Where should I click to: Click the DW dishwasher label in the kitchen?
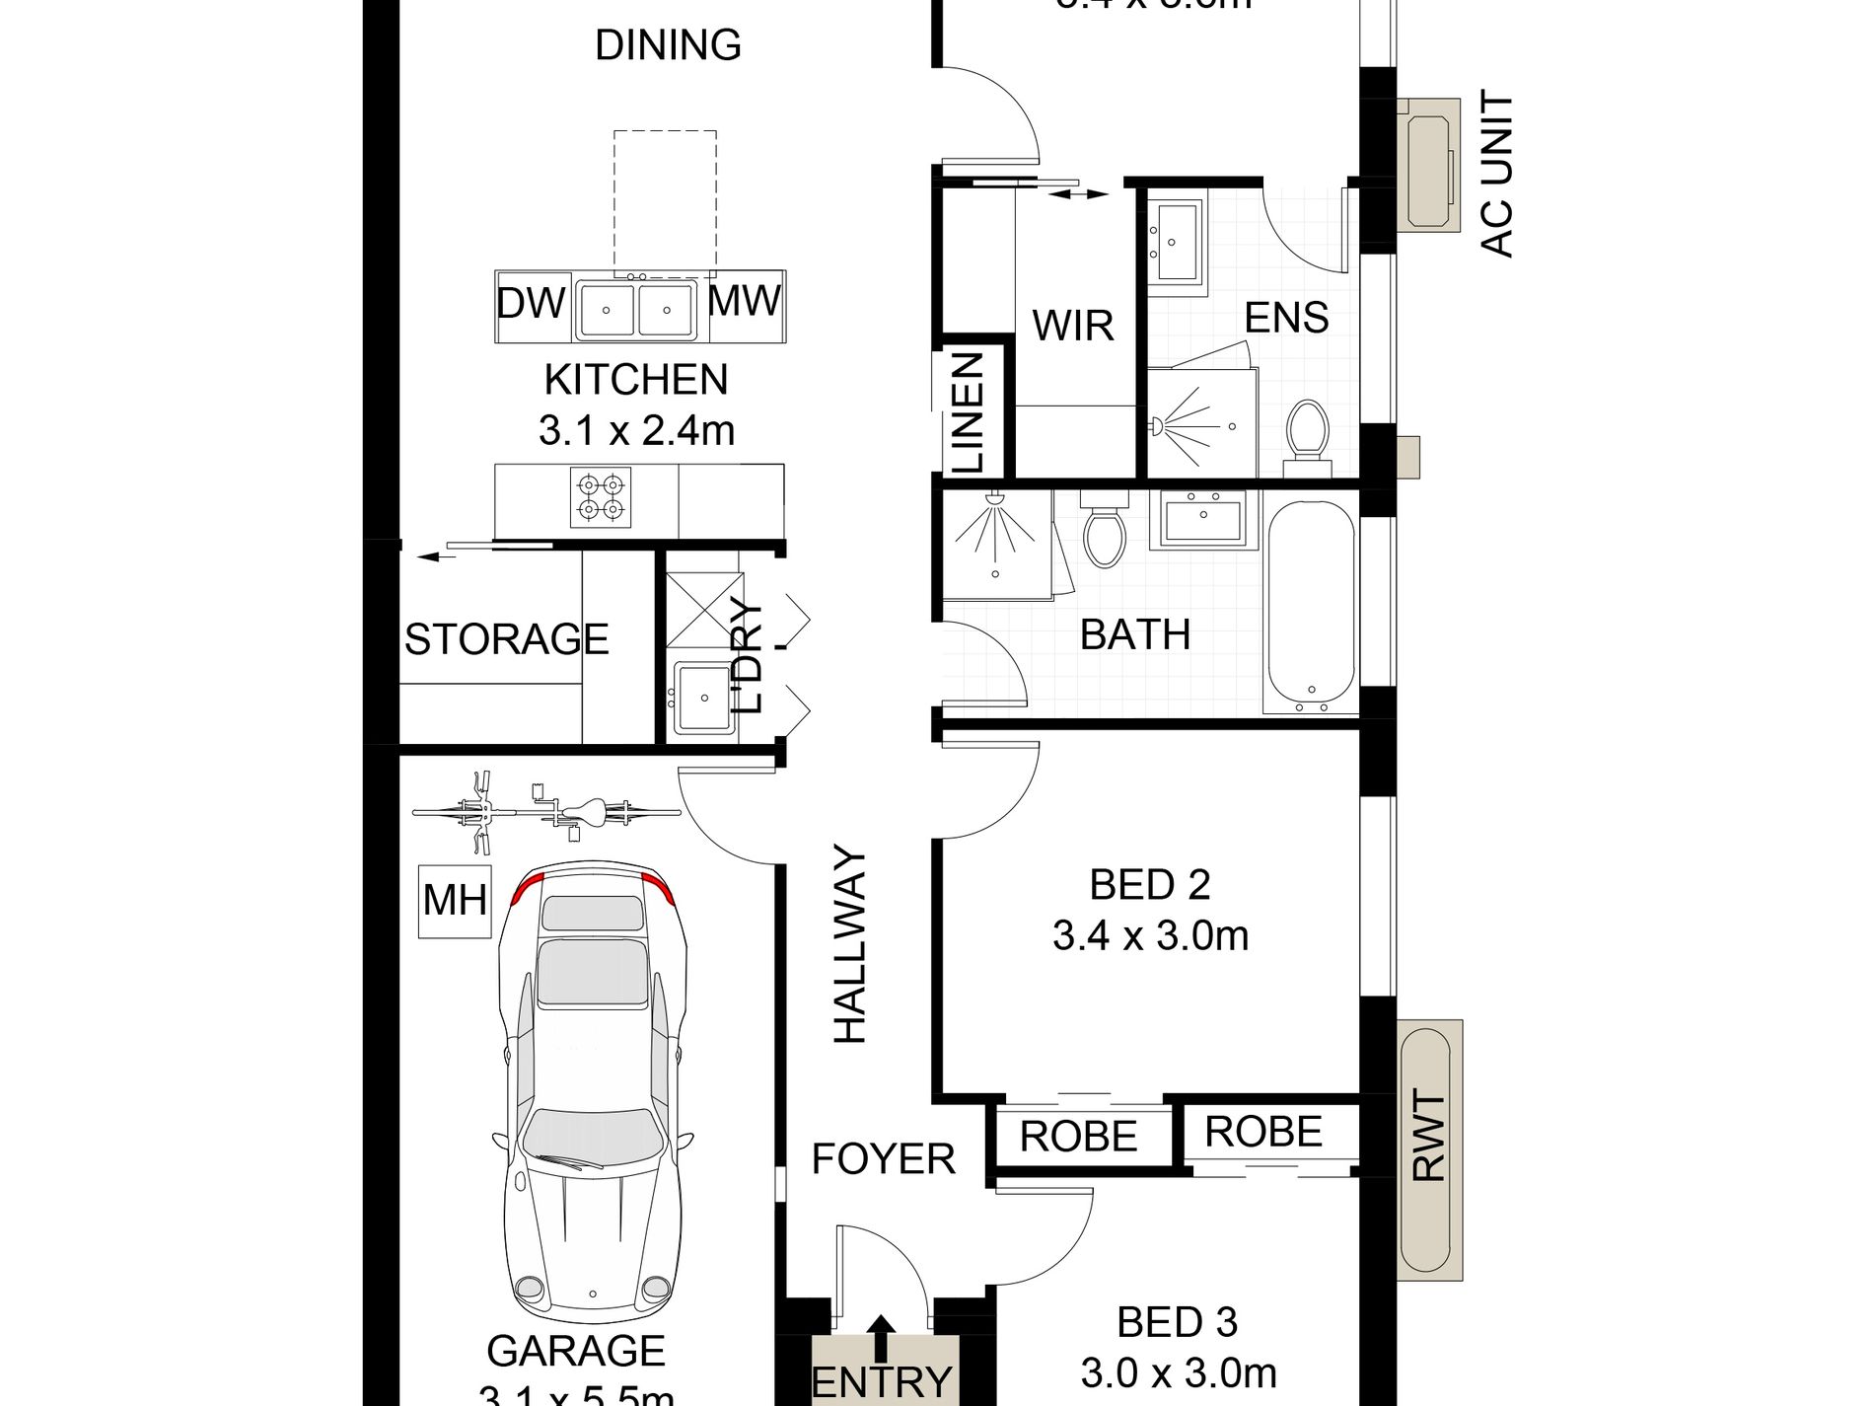click(x=531, y=303)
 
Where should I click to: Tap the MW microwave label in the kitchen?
click(x=745, y=300)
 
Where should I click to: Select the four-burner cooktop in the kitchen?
click(x=601, y=496)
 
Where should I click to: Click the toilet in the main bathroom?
click(x=1104, y=534)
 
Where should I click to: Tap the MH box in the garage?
click(x=455, y=900)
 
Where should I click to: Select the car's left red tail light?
click(x=527, y=887)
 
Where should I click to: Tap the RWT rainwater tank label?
click(x=1429, y=1136)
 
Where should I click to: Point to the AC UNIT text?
click(x=1496, y=175)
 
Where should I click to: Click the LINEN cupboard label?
click(x=968, y=413)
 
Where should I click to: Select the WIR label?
click(x=1073, y=325)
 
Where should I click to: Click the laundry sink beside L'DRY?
click(x=703, y=698)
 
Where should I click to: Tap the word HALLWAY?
click(x=849, y=944)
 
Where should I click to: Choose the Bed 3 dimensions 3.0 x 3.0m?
click(x=1179, y=1372)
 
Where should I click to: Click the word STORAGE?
click(x=506, y=639)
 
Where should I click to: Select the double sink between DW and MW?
click(x=635, y=310)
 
